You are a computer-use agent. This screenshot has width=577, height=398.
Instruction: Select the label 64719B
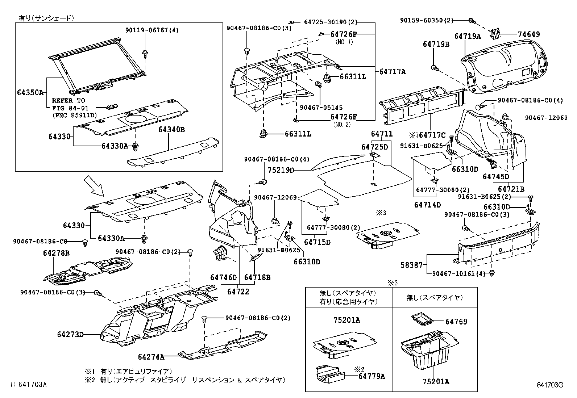tap(436, 44)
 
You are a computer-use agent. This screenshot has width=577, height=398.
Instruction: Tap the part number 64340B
tap(171, 129)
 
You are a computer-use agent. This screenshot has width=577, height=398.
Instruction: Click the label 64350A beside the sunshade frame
tap(30, 92)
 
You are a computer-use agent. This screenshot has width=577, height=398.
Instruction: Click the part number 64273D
tap(70, 334)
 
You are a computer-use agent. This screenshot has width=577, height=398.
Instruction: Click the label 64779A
tap(371, 376)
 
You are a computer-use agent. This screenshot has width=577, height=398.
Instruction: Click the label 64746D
tap(223, 277)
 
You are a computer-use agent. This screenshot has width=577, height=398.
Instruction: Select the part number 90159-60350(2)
tap(427, 21)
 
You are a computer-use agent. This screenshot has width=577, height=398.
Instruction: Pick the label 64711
tap(382, 134)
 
